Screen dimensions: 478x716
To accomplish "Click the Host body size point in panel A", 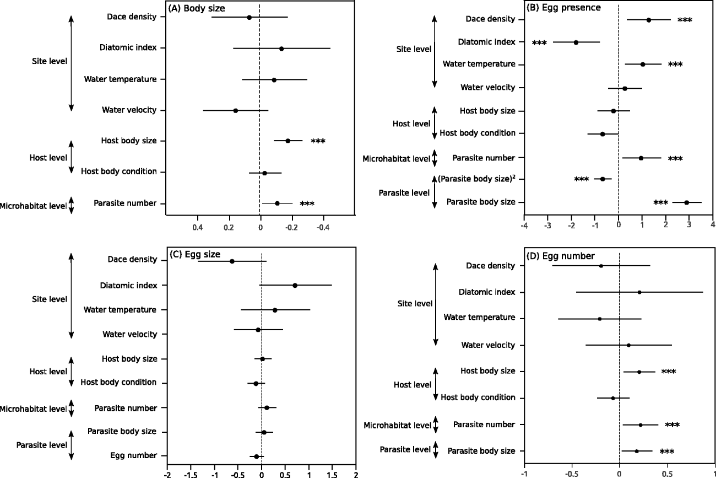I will coord(288,141).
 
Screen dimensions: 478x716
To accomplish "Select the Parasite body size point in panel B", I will coord(686,202).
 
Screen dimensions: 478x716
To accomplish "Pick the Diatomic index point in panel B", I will coord(576,42).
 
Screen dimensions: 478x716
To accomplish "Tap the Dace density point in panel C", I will coord(232,261).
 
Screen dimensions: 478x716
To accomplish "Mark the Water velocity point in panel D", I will coord(628,345).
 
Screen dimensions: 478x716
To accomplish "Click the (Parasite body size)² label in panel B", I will coord(480,179).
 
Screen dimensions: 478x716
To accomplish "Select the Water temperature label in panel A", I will coord(120,79).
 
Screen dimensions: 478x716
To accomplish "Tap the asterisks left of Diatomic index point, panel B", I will coord(539,43).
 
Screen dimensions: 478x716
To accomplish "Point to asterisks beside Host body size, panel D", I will coord(668,372).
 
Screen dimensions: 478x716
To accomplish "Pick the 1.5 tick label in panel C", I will coord(332,474).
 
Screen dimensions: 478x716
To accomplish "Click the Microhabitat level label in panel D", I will coord(397,425).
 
